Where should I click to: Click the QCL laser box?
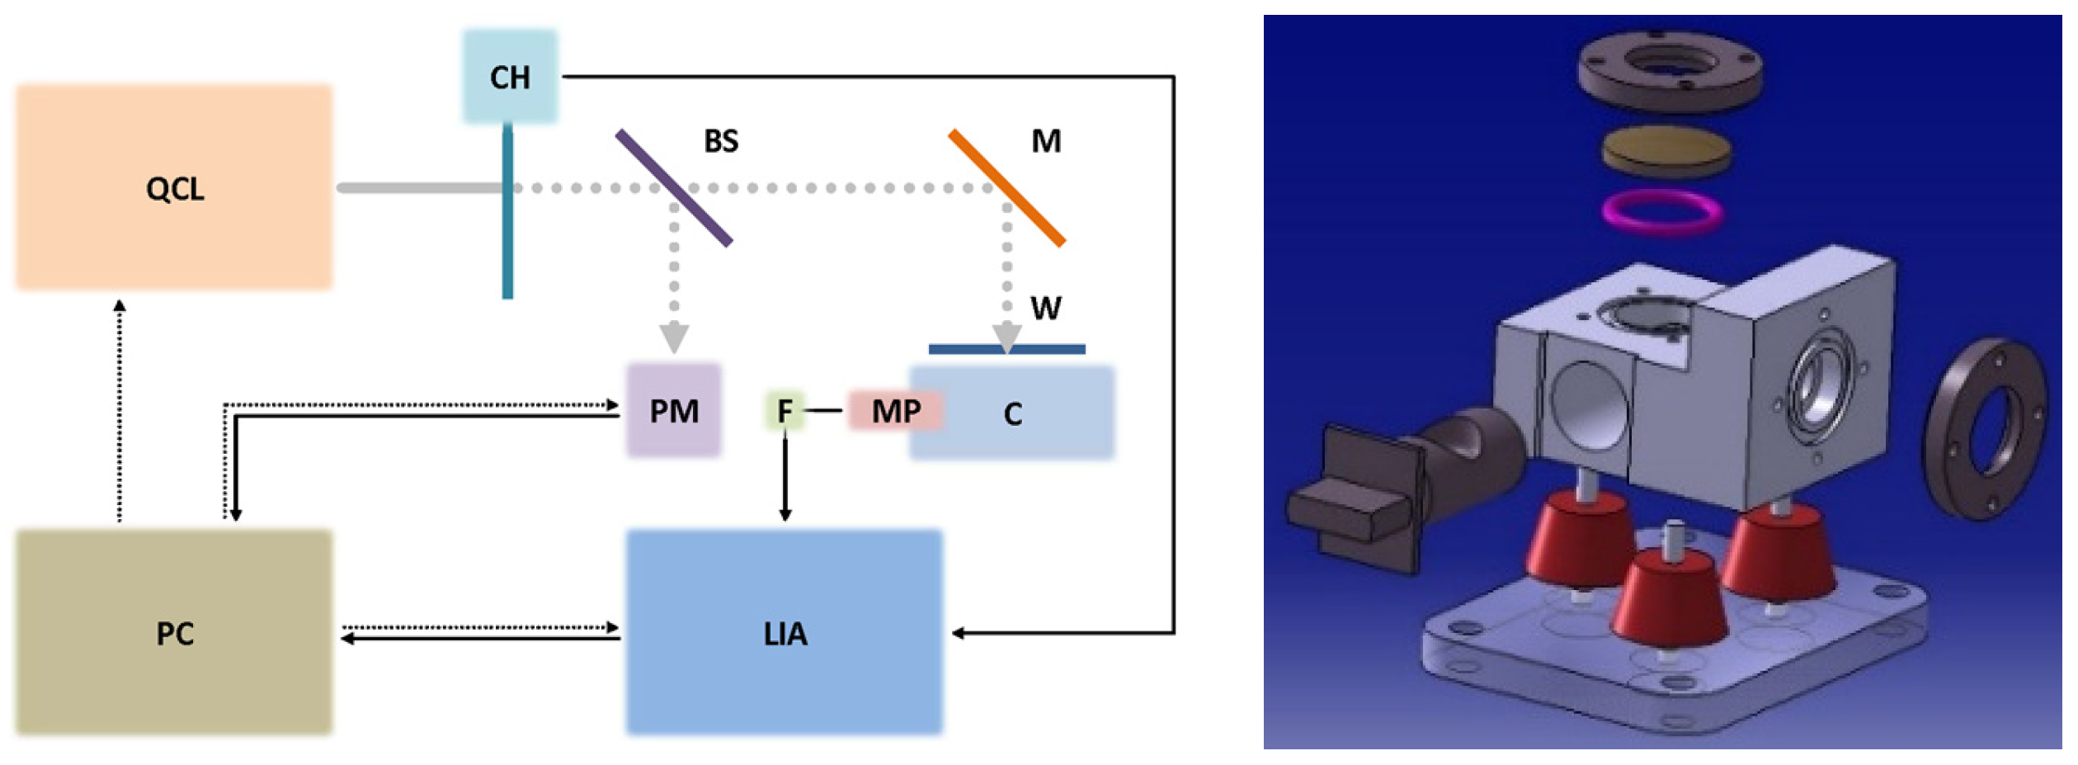click(x=174, y=187)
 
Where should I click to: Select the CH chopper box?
click(x=510, y=77)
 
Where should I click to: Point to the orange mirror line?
click(x=1007, y=187)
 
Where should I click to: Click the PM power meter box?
click(x=674, y=410)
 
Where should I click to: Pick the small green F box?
click(x=785, y=410)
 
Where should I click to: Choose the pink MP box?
click(x=896, y=410)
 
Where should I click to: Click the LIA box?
click(x=785, y=632)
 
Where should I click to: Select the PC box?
click(x=174, y=632)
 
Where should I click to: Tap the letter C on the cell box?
click(x=1013, y=413)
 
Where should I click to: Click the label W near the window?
click(x=1045, y=309)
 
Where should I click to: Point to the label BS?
click(x=721, y=141)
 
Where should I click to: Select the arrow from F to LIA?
click(x=785, y=479)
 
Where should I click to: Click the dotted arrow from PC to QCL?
click(x=120, y=413)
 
